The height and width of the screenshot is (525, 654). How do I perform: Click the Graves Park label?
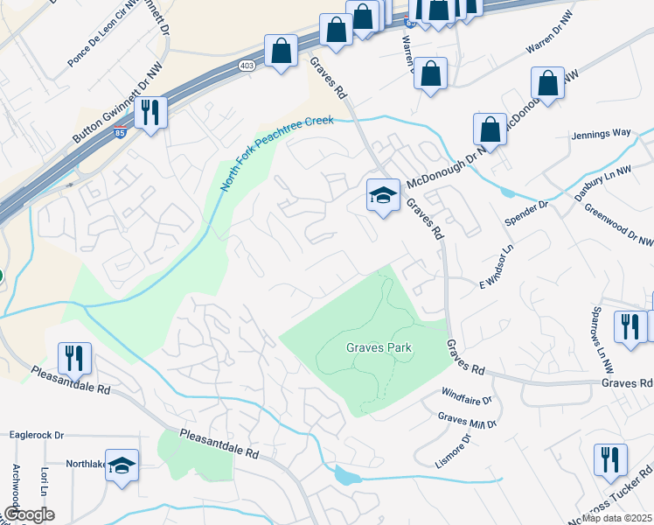(378, 347)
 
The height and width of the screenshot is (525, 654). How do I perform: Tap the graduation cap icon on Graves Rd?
(382, 196)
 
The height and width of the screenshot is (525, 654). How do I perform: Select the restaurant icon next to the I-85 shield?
(151, 112)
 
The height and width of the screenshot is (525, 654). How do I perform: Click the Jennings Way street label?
(601, 134)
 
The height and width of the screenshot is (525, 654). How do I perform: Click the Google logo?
(28, 514)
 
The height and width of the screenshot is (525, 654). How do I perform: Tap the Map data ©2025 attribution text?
(616, 518)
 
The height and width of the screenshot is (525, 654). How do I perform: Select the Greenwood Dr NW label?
(618, 226)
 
